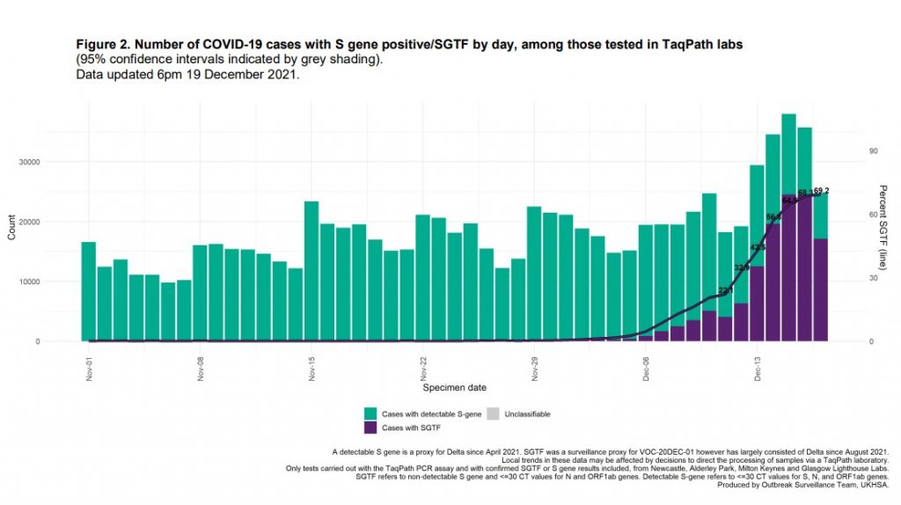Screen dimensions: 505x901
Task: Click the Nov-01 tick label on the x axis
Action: (x=89, y=367)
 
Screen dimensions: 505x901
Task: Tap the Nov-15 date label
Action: (x=311, y=367)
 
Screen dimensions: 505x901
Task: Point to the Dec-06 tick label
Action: (x=645, y=367)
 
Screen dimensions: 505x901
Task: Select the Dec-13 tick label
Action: (x=757, y=367)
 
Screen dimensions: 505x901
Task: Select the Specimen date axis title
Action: (x=454, y=387)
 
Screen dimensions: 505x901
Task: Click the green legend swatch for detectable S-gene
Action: (x=370, y=414)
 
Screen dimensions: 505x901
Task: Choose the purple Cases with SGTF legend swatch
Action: (x=370, y=427)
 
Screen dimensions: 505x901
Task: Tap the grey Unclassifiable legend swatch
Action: (x=493, y=414)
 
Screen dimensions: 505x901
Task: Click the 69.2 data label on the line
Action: (x=822, y=190)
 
